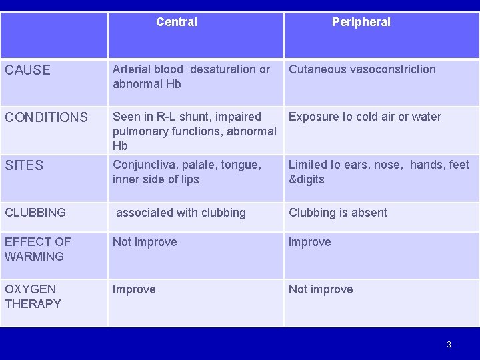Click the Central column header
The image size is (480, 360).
coord(177,22)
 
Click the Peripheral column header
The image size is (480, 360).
coord(361,22)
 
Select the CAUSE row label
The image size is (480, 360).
coord(27,70)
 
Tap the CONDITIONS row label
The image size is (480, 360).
coord(46,117)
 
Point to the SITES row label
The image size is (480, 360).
coord(24,165)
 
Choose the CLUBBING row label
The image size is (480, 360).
coord(35,213)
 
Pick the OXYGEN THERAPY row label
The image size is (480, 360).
coord(33,297)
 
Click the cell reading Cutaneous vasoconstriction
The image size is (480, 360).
coord(362,69)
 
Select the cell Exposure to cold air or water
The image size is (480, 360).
coord(365,117)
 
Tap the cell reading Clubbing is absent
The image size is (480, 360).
coord(337,213)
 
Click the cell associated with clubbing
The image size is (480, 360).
coord(181,213)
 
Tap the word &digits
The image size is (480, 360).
coord(306,179)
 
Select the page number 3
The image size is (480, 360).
coord(449,345)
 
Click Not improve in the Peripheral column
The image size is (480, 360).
coord(321,289)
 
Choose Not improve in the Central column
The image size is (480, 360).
coord(145,242)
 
